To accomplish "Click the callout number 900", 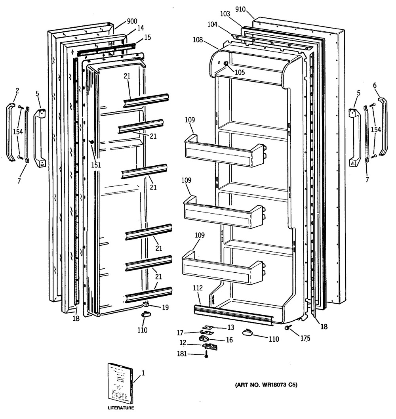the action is click(x=132, y=21).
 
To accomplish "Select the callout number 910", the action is click(x=240, y=10).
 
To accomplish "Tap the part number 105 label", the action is click(x=240, y=72).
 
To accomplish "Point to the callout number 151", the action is click(x=96, y=165).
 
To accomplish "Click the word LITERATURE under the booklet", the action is click(x=121, y=408).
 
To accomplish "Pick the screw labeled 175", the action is click(x=288, y=327).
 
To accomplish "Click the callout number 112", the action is click(x=198, y=288).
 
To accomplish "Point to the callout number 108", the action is click(x=198, y=40).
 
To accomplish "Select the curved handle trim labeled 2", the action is click(x=11, y=132).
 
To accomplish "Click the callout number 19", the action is click(x=166, y=307).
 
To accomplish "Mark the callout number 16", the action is click(x=229, y=340).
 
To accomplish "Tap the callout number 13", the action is click(x=231, y=327).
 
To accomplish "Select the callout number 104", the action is click(x=213, y=24).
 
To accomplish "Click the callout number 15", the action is click(x=148, y=37).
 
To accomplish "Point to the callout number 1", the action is click(x=143, y=373).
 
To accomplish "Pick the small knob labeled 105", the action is click(x=226, y=63).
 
